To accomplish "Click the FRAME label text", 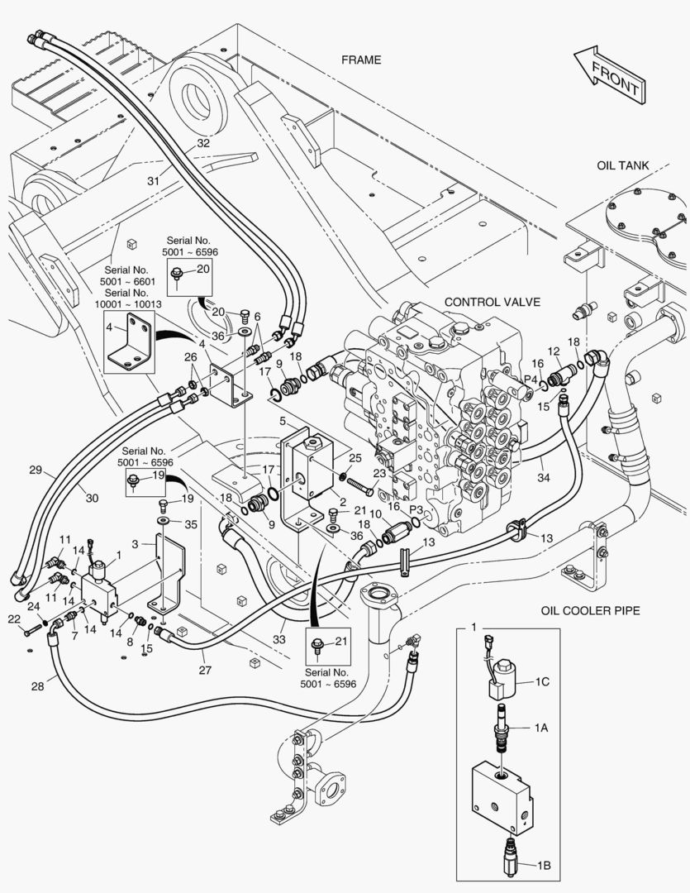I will (361, 60).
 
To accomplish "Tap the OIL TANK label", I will (623, 165).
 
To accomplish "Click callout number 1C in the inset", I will (542, 682).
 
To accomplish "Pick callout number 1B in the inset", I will (543, 866).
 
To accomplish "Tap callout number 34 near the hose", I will (543, 477).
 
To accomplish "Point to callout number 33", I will (280, 638).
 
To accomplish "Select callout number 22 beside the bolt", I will (14, 619).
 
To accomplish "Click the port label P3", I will (416, 510).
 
